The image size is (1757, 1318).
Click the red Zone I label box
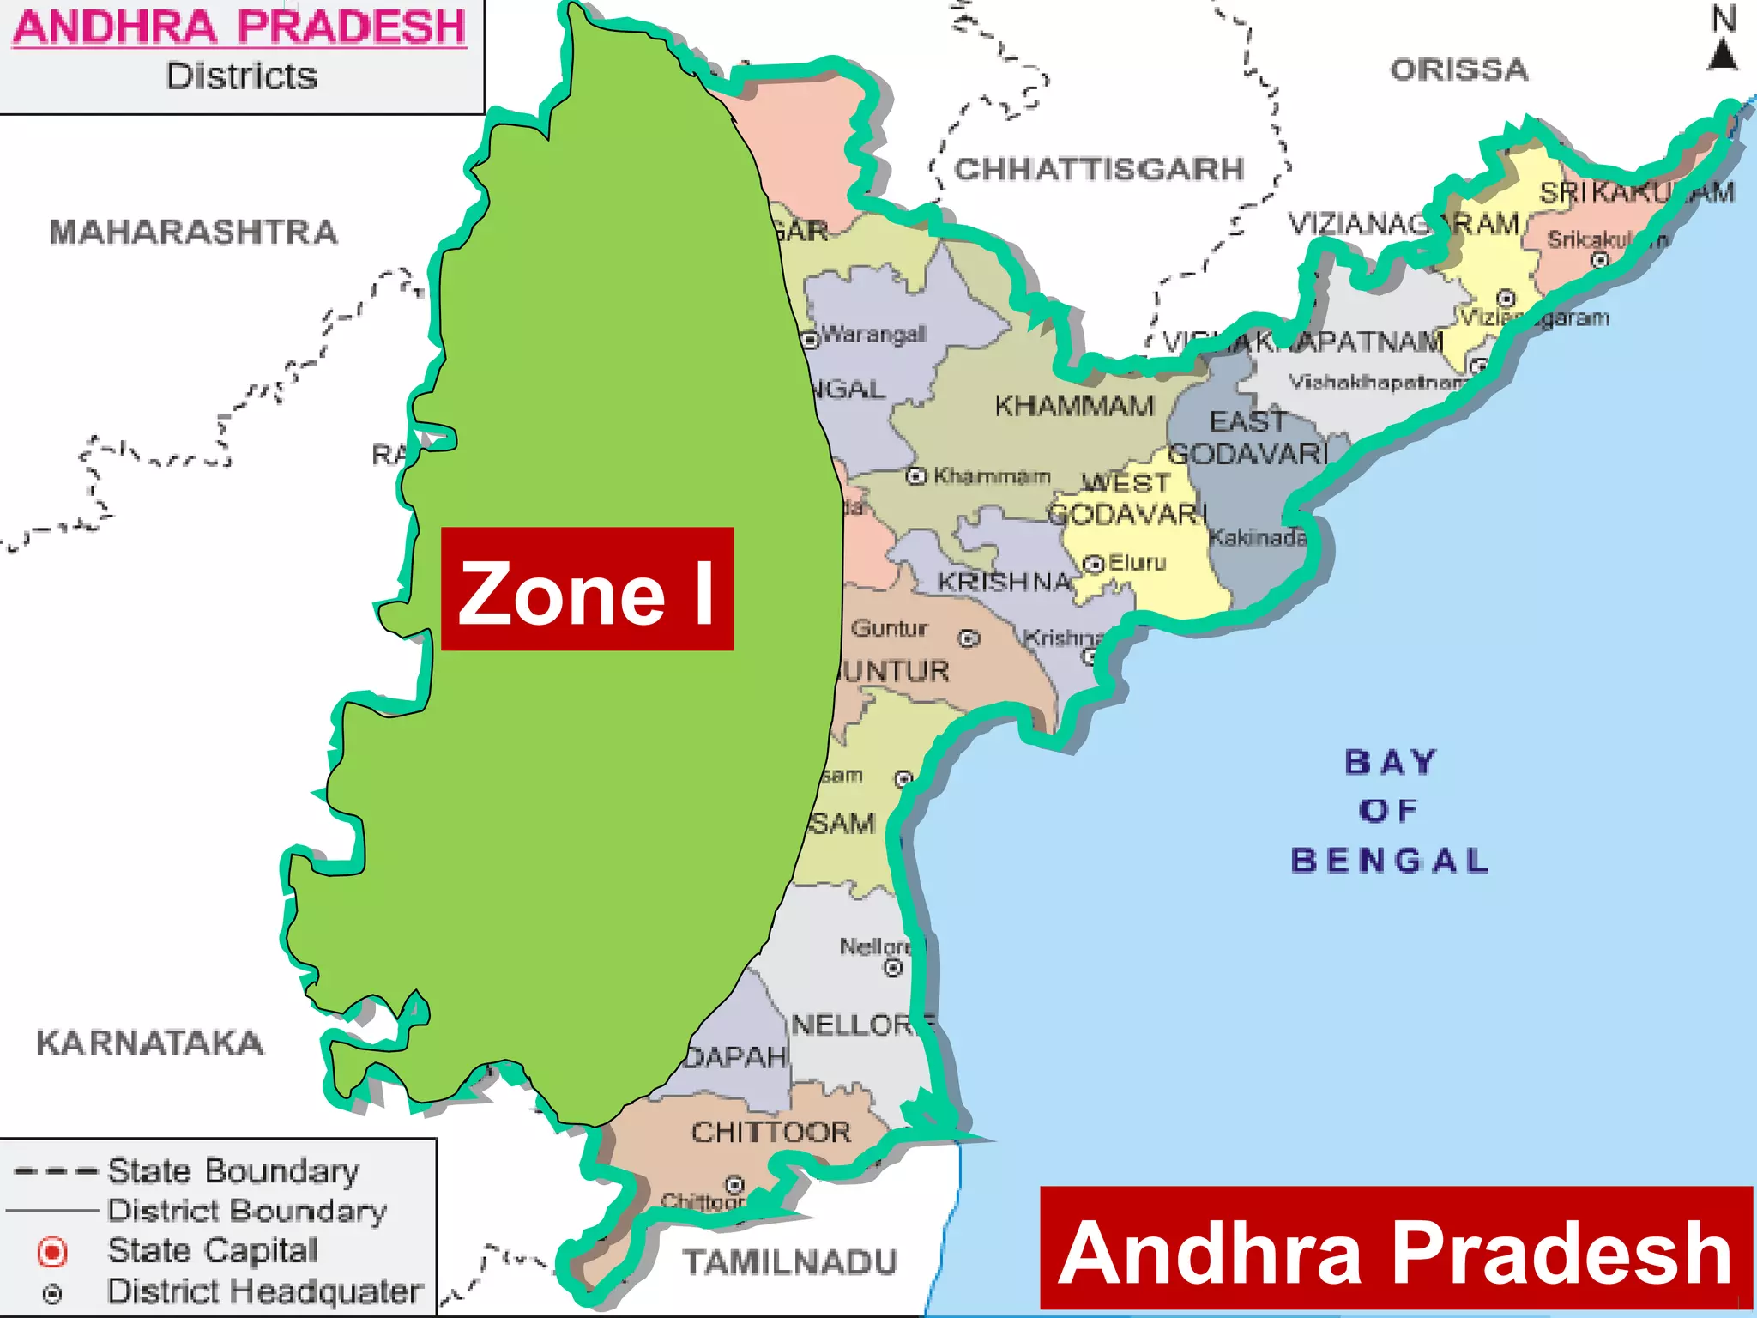(587, 589)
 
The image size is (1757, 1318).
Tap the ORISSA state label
(1458, 70)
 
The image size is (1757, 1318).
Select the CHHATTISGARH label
(1099, 169)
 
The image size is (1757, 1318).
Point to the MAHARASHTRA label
(194, 232)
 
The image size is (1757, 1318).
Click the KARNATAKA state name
(150, 1043)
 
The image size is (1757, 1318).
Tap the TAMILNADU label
(789, 1262)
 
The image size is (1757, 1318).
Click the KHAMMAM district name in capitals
(1074, 405)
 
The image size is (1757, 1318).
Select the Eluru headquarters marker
(1093, 564)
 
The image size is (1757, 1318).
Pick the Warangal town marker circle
(810, 340)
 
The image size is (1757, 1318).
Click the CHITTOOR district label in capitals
(771, 1132)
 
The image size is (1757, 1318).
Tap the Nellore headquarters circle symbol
(893, 968)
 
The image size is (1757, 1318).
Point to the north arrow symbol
(1723, 53)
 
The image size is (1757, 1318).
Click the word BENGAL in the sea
(1389, 860)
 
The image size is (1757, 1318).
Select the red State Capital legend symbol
(52, 1252)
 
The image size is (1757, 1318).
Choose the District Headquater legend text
(264, 1291)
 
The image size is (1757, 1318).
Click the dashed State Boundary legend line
(56, 1171)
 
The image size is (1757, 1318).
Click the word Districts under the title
(241, 76)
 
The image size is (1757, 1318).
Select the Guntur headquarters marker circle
(969, 638)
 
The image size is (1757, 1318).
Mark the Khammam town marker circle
(916, 475)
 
